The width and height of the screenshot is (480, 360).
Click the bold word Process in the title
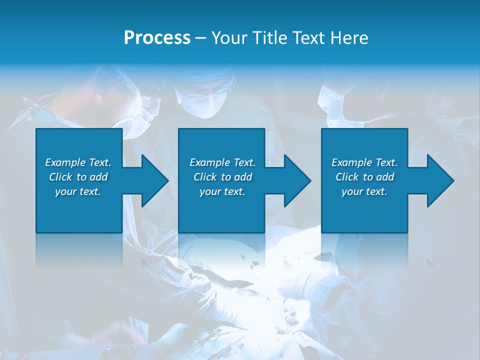[157, 37]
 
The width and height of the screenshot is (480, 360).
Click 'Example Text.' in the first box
[78, 162]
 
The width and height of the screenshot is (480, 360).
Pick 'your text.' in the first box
[78, 191]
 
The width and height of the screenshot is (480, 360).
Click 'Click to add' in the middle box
[222, 177]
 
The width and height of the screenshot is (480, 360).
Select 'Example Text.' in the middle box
[222, 162]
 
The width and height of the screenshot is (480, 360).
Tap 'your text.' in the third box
[364, 191]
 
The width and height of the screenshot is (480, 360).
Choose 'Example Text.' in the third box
[364, 162]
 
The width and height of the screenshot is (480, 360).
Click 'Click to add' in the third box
[364, 177]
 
